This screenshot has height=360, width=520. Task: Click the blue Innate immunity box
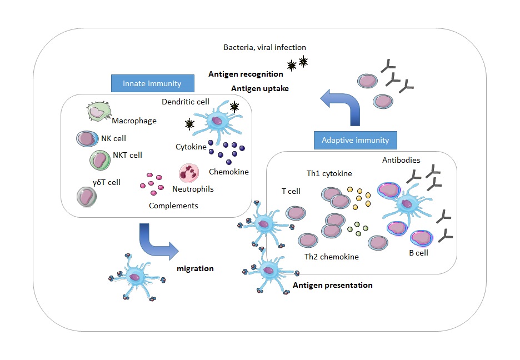(153, 83)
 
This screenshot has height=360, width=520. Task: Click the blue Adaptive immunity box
(356, 141)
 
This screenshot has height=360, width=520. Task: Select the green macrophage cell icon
(97, 112)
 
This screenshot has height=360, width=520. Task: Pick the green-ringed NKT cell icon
(99, 161)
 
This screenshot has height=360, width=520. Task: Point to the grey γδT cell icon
(86, 196)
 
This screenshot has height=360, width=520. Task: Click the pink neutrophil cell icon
(189, 173)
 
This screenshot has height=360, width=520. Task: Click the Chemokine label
(228, 172)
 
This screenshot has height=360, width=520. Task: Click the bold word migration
(195, 268)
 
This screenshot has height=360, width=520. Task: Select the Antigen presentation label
(332, 285)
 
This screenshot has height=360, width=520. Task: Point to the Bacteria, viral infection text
(264, 48)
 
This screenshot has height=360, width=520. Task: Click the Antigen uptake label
(259, 88)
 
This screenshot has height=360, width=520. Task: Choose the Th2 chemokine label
(332, 257)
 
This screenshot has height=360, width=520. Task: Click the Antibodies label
(401, 160)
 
